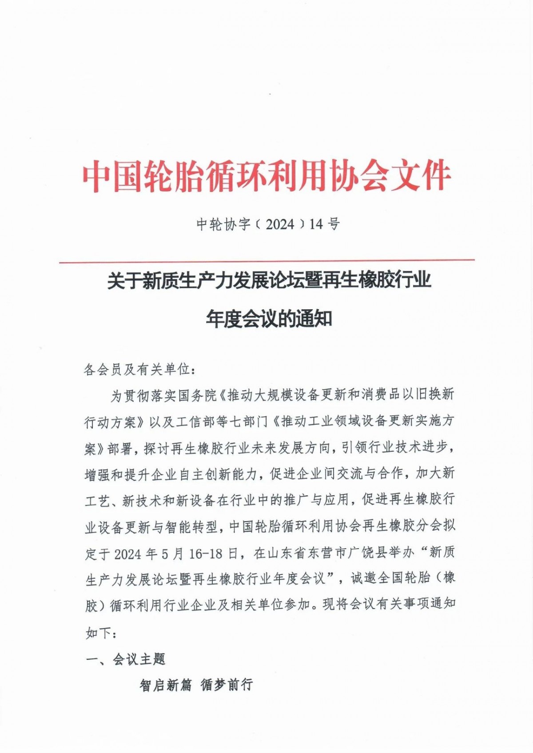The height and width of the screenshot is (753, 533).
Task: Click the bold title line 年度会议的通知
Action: tap(269, 319)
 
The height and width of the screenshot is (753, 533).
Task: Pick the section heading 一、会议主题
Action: tap(125, 659)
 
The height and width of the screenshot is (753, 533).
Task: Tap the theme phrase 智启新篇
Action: tap(166, 685)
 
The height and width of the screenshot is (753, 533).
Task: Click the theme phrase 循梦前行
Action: tap(227, 685)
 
